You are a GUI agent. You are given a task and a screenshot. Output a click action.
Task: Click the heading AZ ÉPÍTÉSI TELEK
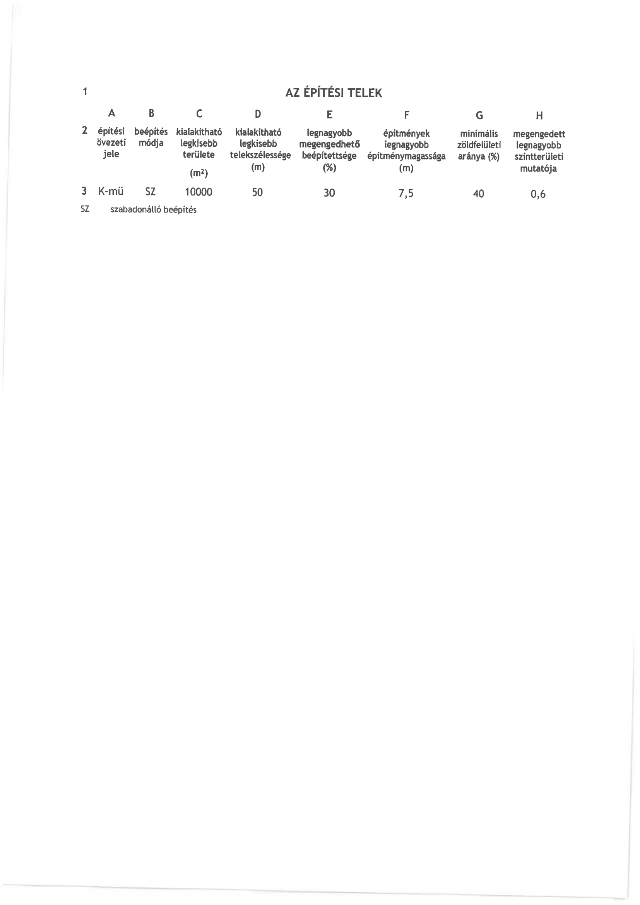point(334,93)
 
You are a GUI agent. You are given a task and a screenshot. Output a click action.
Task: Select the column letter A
point(111,113)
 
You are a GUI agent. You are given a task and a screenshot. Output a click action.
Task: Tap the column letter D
point(258,114)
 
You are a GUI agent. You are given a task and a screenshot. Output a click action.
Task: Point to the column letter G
point(479,115)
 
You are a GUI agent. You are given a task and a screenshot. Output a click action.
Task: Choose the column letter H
point(539,116)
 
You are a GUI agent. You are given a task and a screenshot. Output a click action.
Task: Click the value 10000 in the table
point(199,192)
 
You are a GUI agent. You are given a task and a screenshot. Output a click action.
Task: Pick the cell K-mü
point(111,191)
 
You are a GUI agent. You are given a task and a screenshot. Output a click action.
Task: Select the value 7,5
point(406,194)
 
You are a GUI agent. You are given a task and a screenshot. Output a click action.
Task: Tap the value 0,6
point(538,194)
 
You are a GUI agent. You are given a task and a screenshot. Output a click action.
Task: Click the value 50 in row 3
point(257,192)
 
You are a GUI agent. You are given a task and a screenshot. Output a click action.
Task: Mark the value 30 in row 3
point(329,193)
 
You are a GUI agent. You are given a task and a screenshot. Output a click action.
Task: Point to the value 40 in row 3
point(478,194)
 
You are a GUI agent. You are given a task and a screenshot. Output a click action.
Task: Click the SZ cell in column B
point(150,192)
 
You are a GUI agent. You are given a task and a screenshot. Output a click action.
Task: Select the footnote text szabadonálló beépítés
point(153,210)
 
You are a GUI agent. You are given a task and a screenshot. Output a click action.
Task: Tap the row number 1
point(85,92)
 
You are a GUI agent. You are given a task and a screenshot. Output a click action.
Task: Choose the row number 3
point(84,191)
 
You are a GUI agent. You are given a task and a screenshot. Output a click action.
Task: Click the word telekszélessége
point(260,155)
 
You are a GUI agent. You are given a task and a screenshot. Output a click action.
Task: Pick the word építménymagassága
point(406,156)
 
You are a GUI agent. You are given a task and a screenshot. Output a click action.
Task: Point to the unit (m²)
point(199,173)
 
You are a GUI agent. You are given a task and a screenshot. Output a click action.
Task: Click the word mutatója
point(538,169)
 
